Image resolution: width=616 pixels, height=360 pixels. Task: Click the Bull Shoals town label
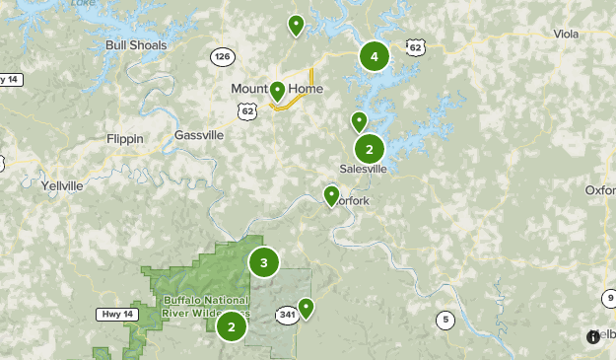[x=136, y=45]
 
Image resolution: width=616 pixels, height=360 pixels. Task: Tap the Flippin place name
[x=125, y=139]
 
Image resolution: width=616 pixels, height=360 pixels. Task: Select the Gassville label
[x=199, y=135]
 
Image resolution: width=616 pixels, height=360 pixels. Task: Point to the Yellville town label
[x=62, y=185]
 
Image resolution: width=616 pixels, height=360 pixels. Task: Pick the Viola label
[x=566, y=34]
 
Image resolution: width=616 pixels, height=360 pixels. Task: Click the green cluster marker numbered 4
[x=374, y=56]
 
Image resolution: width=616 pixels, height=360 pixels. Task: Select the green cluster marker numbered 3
[x=263, y=262]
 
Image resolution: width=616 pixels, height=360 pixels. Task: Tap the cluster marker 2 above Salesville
[x=369, y=150]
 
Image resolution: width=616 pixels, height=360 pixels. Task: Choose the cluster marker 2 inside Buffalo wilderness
[x=231, y=325]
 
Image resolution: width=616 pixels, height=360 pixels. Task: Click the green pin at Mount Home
[x=278, y=91]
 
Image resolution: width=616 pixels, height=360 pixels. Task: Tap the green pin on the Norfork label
[x=332, y=194]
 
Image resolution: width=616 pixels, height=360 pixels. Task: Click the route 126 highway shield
[x=223, y=58]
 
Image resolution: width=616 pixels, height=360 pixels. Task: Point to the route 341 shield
[x=287, y=315]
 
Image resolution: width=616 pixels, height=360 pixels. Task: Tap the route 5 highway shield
[x=445, y=320]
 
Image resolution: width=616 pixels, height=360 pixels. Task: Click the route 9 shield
[x=609, y=298]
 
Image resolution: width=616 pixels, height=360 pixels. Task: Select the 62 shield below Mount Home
[x=246, y=111]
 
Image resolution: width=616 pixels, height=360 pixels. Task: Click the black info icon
[x=593, y=336]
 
